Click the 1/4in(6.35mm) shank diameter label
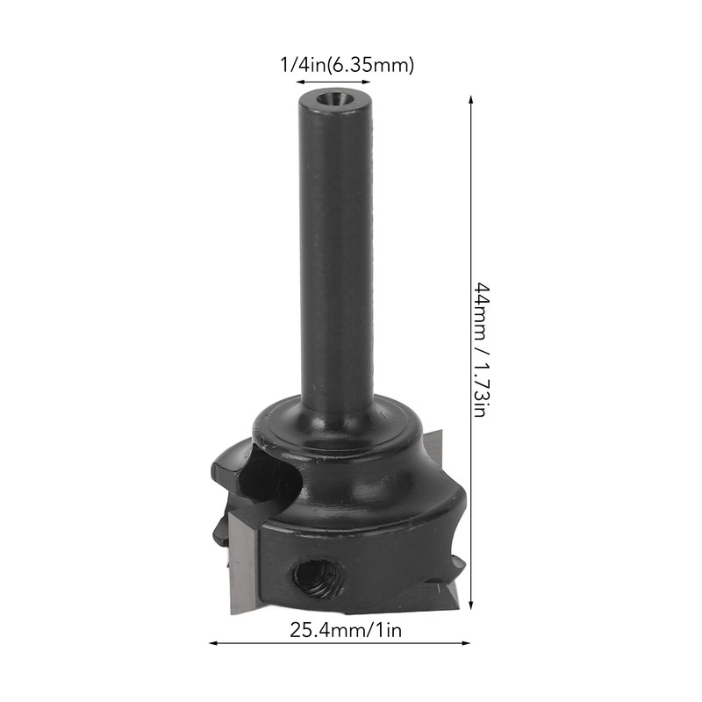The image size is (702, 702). [x=347, y=65]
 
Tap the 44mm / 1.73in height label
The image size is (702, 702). [x=482, y=349]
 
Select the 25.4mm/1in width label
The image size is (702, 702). [x=346, y=630]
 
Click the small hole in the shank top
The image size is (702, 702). [x=335, y=98]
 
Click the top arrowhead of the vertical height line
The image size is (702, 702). [x=470, y=100]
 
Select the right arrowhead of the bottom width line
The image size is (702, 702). [x=466, y=643]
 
